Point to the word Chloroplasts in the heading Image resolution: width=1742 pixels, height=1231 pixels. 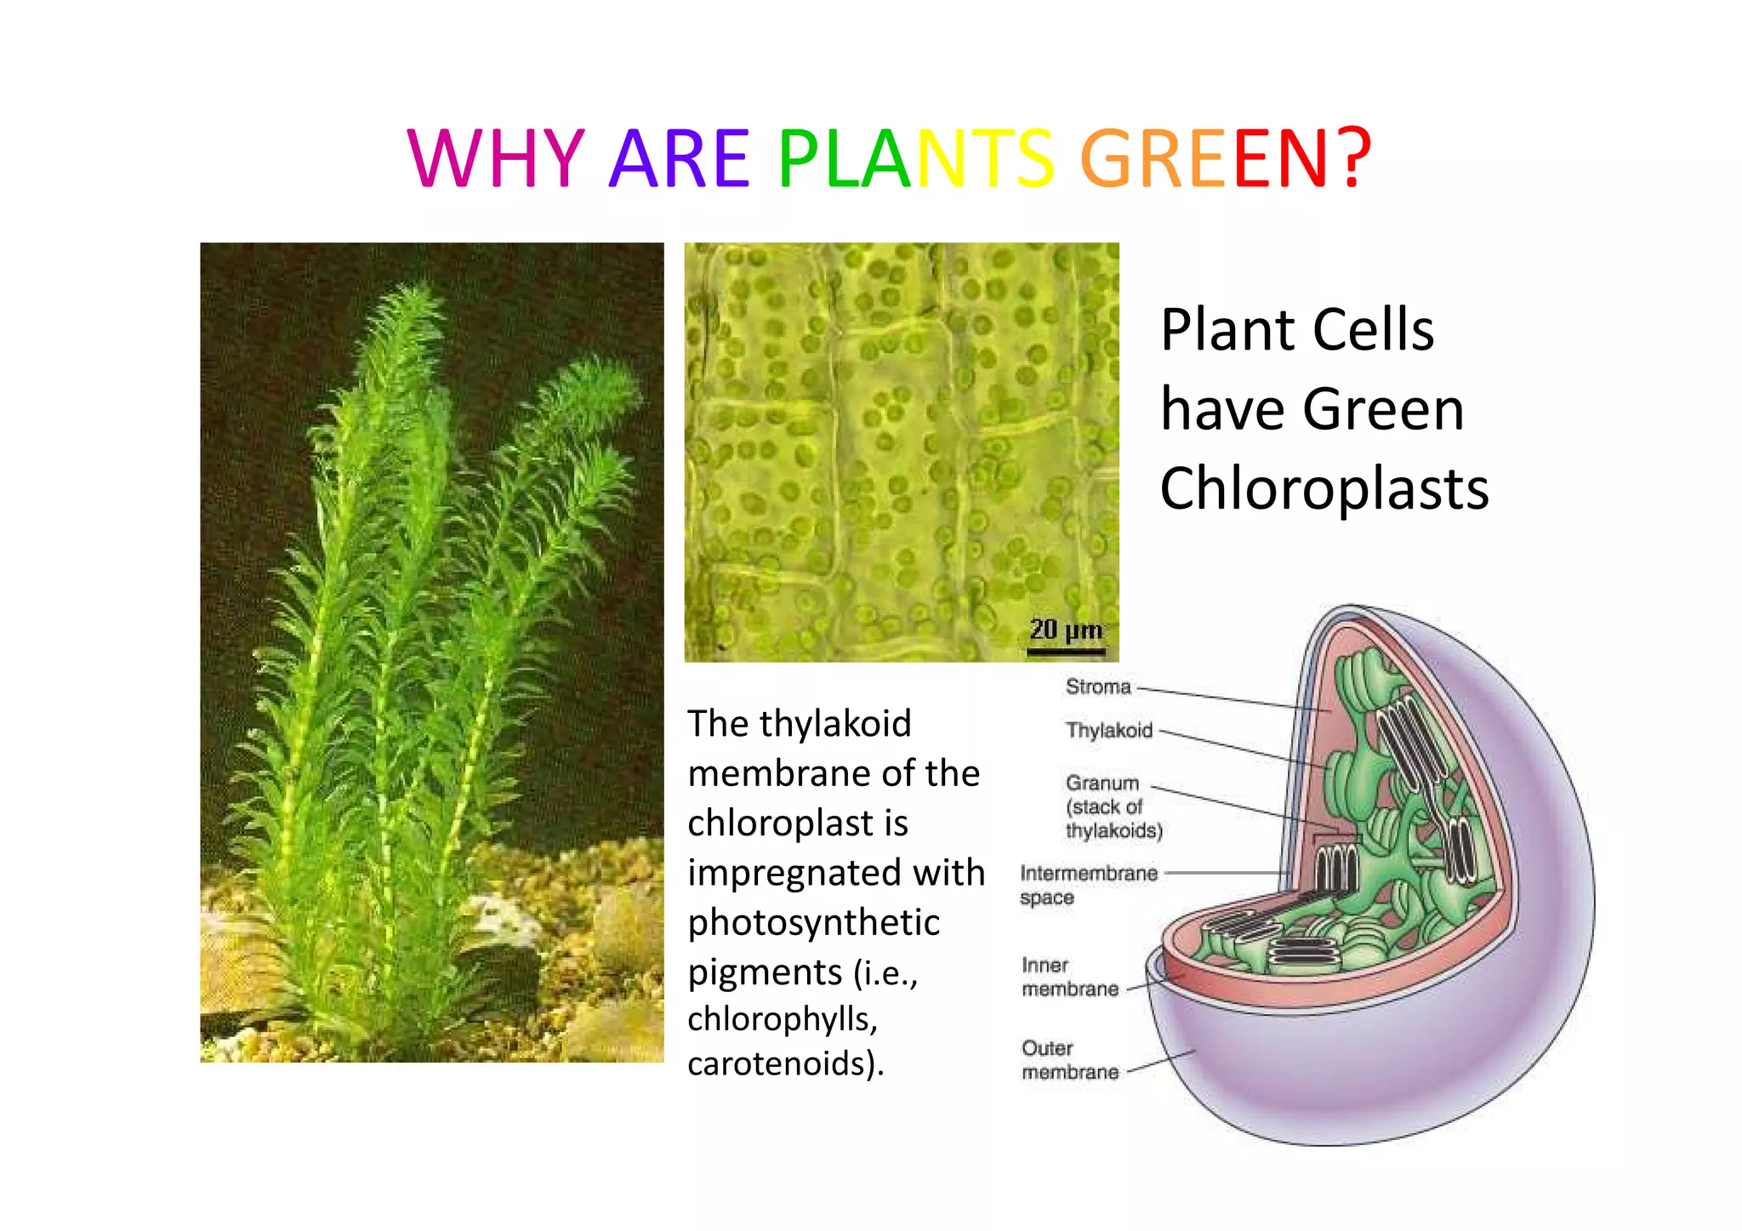(x=1324, y=489)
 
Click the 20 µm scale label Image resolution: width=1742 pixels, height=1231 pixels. (x=1066, y=630)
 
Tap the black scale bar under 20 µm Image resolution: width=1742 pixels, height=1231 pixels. (x=1066, y=653)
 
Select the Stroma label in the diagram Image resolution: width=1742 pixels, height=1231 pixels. (x=1098, y=687)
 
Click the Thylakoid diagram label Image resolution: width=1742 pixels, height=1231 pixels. (x=1109, y=730)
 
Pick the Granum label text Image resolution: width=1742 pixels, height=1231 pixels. (x=1102, y=783)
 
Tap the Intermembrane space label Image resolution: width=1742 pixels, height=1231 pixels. (x=1088, y=885)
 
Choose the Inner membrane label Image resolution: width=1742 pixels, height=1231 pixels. (x=1069, y=977)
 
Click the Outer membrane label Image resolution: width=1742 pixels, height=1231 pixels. (x=1069, y=1060)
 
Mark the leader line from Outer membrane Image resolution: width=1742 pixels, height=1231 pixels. (x=1161, y=1063)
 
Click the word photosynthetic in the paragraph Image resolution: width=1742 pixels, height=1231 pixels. (x=814, y=922)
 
